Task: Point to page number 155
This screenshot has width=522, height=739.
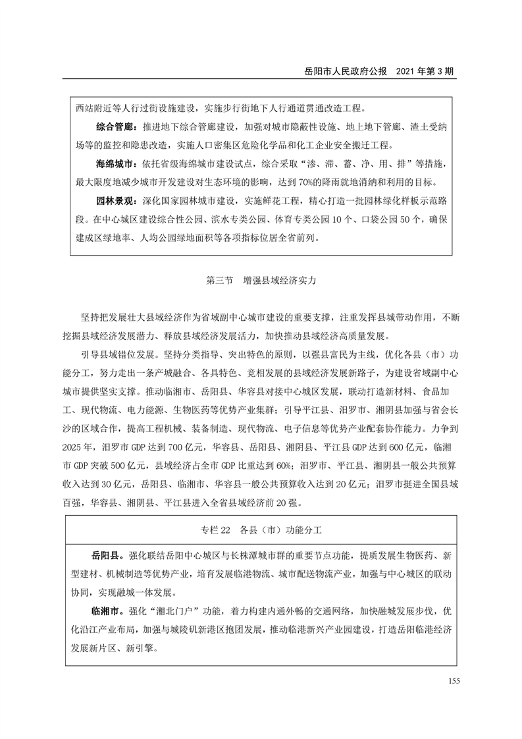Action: [x=452, y=680]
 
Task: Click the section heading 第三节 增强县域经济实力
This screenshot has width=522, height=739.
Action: [x=261, y=279]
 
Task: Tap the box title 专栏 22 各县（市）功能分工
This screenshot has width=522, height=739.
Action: [x=261, y=529]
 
